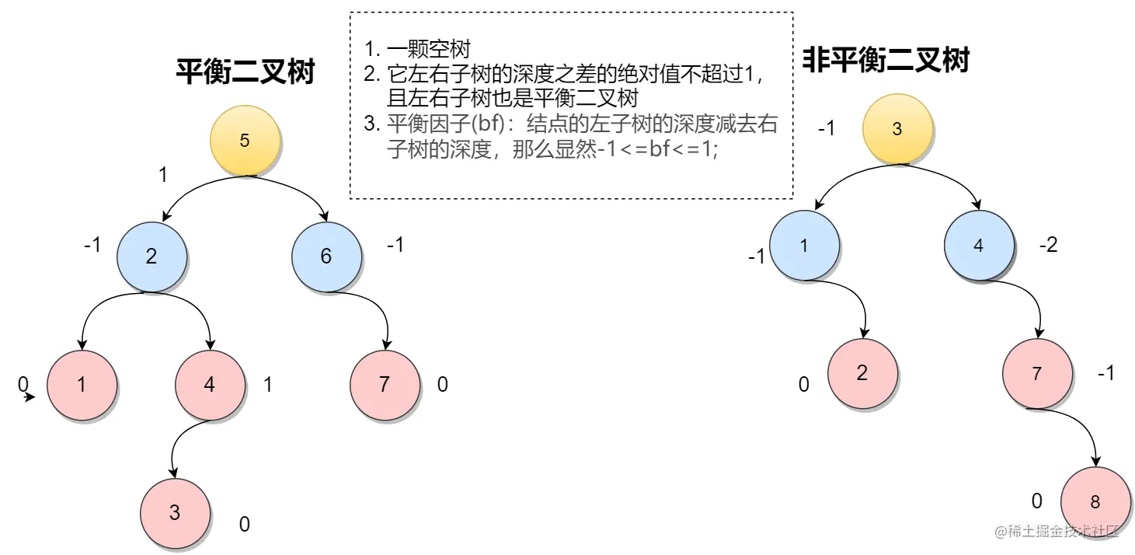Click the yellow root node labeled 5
(245, 141)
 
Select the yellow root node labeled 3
(897, 129)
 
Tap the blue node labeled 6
(326, 257)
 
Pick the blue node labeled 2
(151, 257)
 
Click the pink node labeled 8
(1095, 501)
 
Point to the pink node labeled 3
(175, 512)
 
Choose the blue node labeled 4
(978, 246)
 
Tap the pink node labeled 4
(210, 385)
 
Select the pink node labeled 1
(82, 385)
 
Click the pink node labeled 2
(862, 373)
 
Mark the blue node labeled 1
(804, 246)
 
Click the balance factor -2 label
(1048, 246)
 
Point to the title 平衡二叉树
(245, 72)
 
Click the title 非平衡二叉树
(885, 59)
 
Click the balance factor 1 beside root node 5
(162, 176)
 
